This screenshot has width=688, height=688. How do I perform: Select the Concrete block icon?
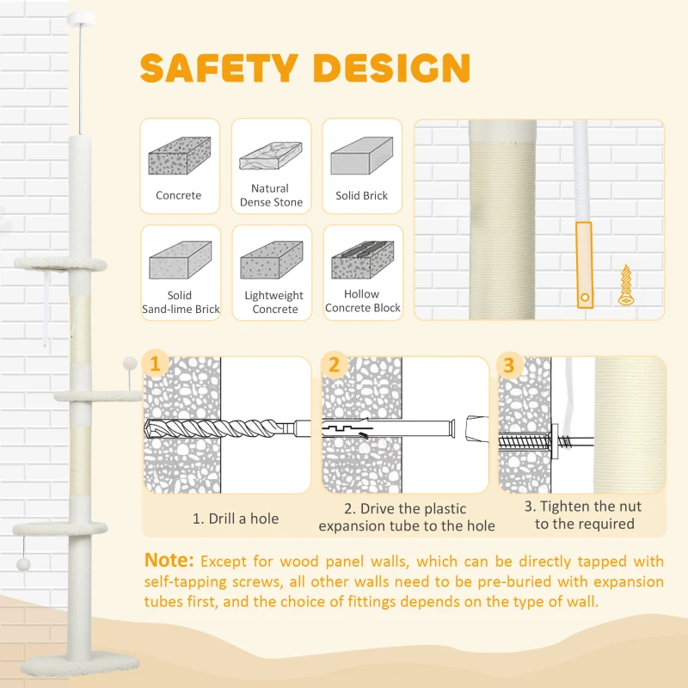pos(179,157)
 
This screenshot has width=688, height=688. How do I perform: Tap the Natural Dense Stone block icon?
pos(271,155)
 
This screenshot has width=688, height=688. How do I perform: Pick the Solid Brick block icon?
pos(362,157)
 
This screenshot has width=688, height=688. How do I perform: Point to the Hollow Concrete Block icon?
pos(362,258)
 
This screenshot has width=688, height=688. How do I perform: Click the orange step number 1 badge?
pos(155,364)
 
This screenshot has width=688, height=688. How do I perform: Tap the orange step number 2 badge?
pos(334,364)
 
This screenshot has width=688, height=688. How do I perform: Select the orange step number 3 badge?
pos(509,364)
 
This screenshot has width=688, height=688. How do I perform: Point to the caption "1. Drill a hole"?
pos(235,519)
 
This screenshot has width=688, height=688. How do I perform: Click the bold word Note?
pos(169,561)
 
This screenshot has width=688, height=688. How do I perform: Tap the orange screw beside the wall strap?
pos(626,286)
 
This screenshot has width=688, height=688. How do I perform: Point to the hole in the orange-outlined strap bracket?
pos(585,298)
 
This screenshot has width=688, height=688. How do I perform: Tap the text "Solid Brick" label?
pos(362,196)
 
